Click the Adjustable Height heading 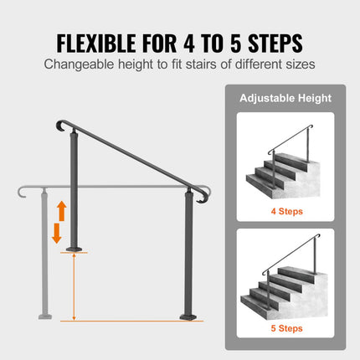(x=286, y=98)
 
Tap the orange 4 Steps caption (x=286, y=211)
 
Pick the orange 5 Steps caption (x=286, y=328)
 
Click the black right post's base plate (x=188, y=316)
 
